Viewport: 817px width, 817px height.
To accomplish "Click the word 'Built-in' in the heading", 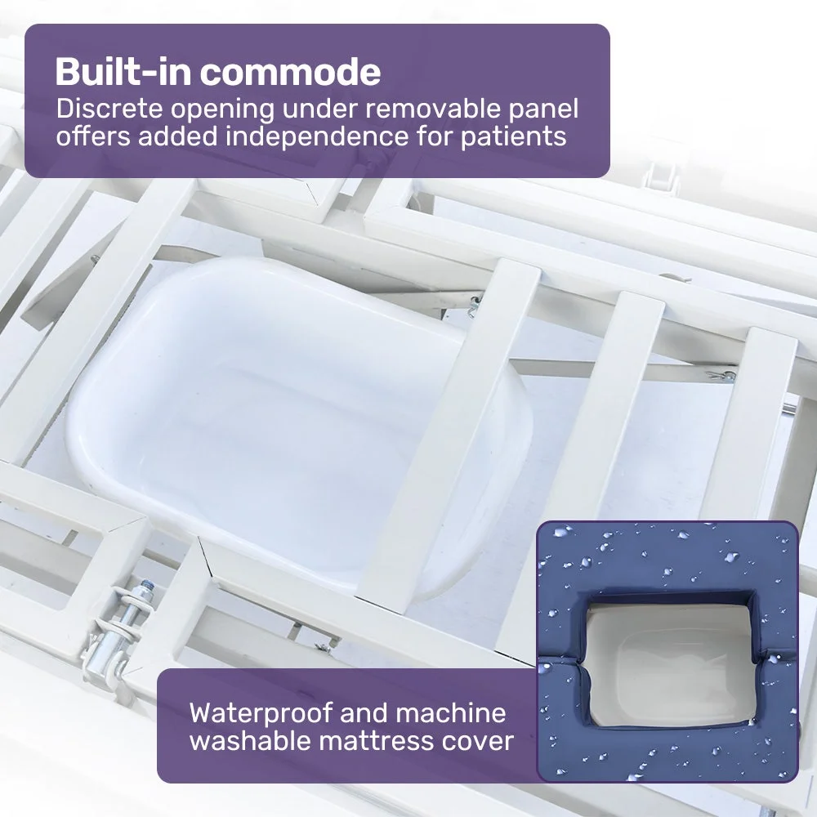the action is coord(123,71).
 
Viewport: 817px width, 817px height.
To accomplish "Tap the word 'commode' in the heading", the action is coord(291,71).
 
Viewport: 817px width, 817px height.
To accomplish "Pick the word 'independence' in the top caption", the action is coord(317,137).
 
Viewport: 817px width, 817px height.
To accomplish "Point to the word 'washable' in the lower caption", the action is coord(250,741).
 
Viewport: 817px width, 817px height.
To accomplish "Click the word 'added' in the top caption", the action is coord(177,137).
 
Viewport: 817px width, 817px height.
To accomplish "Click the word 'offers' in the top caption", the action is coord(93,137).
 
